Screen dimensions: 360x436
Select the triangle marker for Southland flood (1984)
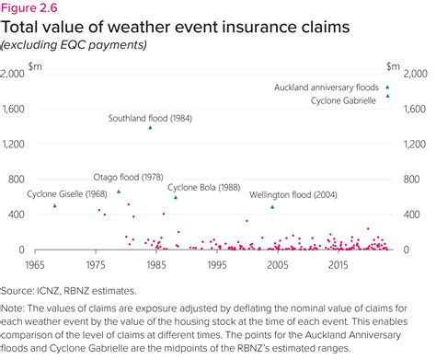(151, 127)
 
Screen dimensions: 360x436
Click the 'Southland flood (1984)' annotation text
(149, 118)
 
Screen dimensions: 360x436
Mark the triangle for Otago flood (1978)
(118, 192)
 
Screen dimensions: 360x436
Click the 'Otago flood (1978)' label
(128, 178)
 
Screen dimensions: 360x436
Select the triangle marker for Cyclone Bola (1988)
(176, 197)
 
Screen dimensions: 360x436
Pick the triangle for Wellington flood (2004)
(272, 206)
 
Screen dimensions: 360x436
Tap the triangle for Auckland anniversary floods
(388, 87)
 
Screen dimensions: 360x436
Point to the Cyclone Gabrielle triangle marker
(388, 96)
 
